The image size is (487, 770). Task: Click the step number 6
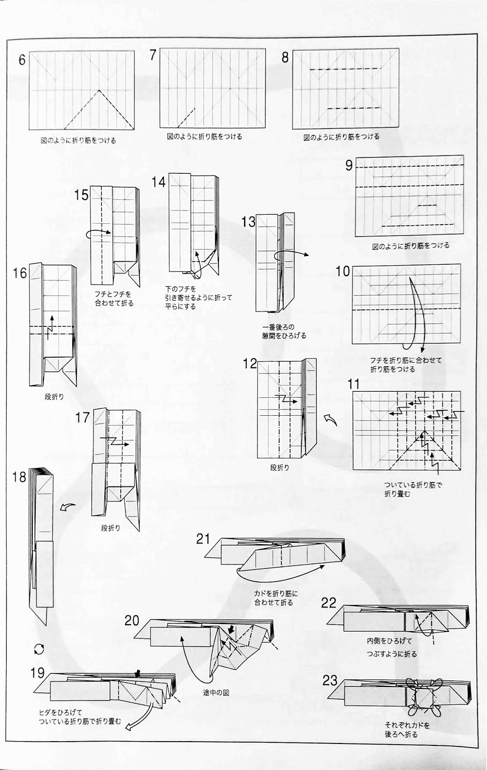(x=22, y=60)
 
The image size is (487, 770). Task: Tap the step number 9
(x=349, y=166)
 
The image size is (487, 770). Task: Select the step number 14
(x=158, y=182)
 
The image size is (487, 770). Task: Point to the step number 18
(x=19, y=477)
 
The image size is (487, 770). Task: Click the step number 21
(x=203, y=539)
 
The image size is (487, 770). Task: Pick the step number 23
(x=330, y=680)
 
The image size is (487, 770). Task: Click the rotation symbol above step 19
(x=39, y=650)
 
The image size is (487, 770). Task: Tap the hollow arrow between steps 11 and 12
(x=331, y=420)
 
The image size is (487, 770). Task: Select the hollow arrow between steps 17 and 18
(x=68, y=507)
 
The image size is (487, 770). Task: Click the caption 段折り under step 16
(x=54, y=397)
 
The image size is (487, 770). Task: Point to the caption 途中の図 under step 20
(x=216, y=693)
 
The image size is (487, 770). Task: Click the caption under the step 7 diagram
(x=205, y=137)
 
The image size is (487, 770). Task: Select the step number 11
(x=354, y=384)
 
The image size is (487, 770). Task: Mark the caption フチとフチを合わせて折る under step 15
(x=115, y=298)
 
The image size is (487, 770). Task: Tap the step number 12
(x=250, y=363)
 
